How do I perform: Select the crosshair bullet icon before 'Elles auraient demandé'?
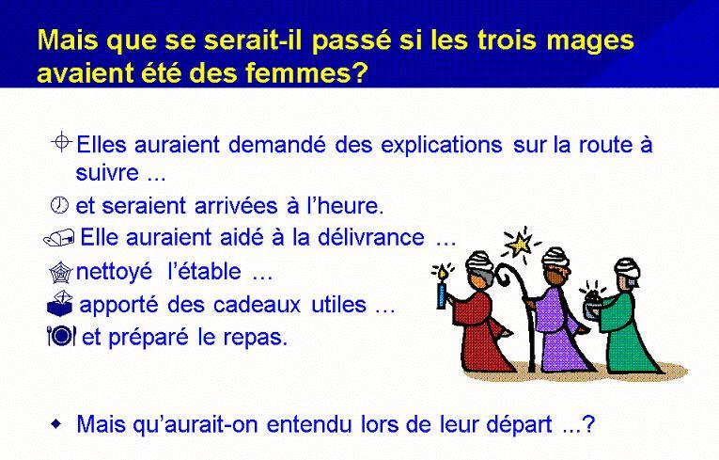coord(61,142)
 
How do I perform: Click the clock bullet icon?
coord(59,205)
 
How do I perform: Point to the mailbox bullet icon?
coord(58,238)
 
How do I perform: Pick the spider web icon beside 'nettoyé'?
coord(60,273)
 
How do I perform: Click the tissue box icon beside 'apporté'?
coord(59,304)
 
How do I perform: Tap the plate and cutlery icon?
coord(61,336)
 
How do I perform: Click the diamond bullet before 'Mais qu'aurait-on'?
coord(55,422)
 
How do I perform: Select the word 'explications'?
coord(442,146)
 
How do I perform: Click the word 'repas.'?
coord(256,339)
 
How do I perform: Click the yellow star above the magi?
coord(521,244)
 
